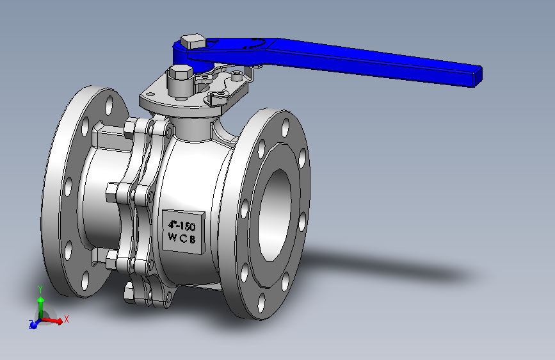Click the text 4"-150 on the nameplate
(x=182, y=225)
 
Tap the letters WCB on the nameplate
(x=182, y=238)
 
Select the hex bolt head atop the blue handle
(x=193, y=42)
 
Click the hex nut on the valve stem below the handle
(x=181, y=72)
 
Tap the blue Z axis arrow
(x=35, y=324)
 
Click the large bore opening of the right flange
(x=275, y=215)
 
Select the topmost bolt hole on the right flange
(x=286, y=128)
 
